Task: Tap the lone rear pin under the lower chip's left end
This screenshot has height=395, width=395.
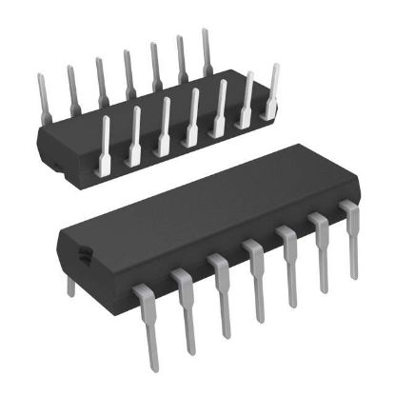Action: pyautogui.click(x=69, y=285)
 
